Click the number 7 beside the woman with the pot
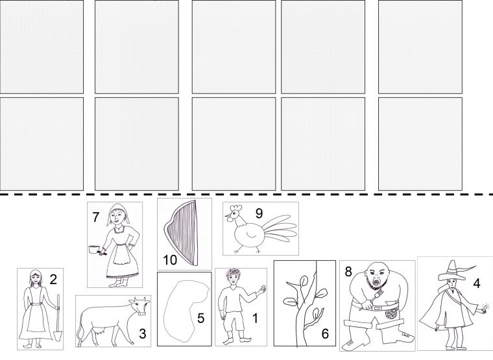(x=96, y=217)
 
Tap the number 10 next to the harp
(x=170, y=260)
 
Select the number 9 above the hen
(x=259, y=213)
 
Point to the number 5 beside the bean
(x=200, y=318)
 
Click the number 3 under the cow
(x=143, y=333)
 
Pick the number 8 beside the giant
(x=348, y=271)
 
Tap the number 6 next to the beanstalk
(x=325, y=333)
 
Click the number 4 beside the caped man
(x=477, y=283)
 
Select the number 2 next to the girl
(x=53, y=279)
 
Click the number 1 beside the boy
(x=256, y=318)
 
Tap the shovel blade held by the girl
(x=58, y=335)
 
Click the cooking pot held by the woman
(x=93, y=250)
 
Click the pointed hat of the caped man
(x=453, y=270)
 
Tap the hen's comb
(x=236, y=208)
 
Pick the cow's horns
(x=140, y=299)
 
